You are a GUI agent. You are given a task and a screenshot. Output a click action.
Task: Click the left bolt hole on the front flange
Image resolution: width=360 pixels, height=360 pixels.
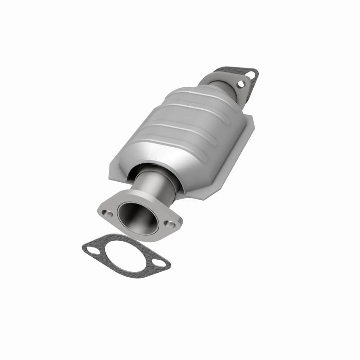coord(106,212)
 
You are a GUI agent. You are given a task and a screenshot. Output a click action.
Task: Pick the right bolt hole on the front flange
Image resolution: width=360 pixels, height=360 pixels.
coord(170,223)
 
